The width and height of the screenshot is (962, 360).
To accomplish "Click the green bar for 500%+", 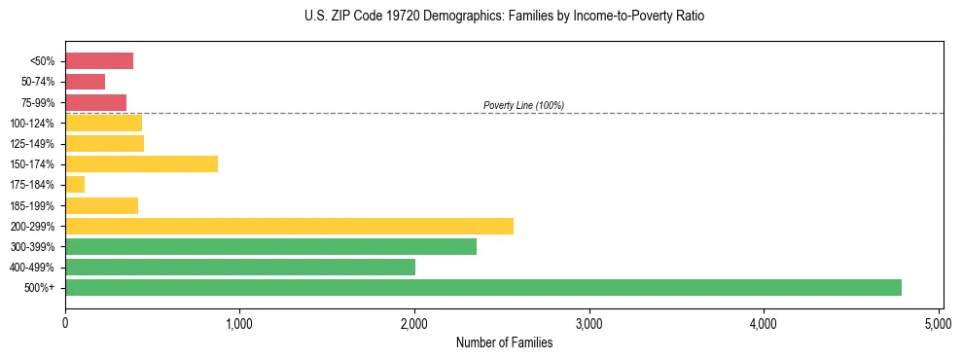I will coord(482,287).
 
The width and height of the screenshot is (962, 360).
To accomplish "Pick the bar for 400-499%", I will coord(240,267).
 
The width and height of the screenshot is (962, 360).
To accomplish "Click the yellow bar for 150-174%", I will coord(141,163).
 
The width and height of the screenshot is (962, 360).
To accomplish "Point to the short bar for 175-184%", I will coord(75,184).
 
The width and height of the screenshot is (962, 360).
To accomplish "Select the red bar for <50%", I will coord(99,61).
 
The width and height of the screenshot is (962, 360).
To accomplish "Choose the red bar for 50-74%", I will coord(85,82).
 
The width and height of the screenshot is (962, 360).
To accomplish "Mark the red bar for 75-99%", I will coord(95,102).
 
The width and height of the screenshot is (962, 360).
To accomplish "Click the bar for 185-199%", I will coord(101,205).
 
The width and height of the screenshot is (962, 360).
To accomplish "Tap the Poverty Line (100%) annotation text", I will coord(523,105).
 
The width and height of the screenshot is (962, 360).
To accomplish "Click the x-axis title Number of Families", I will coord(504,342).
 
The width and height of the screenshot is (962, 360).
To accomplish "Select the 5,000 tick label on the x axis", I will coord(939,322).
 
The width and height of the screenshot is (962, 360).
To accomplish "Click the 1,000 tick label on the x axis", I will coord(239,322).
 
